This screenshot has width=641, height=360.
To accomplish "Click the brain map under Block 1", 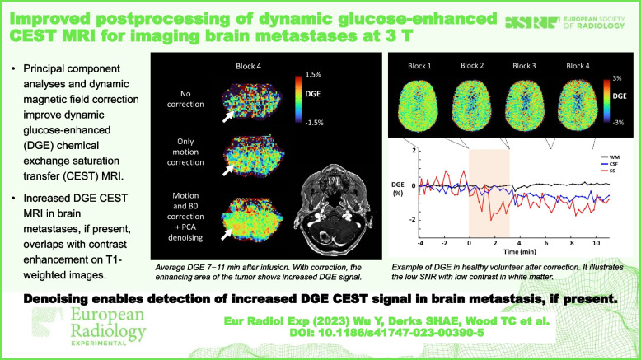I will (x=421, y=105).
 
